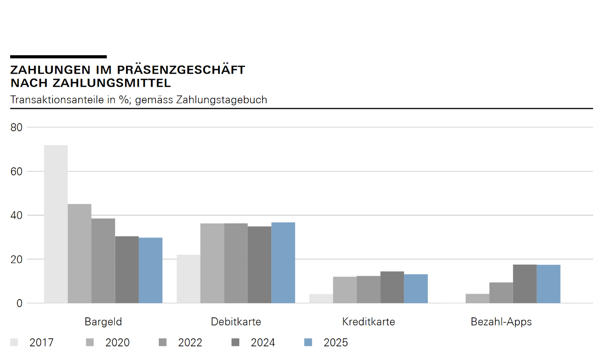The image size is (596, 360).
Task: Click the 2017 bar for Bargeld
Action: click(x=56, y=224)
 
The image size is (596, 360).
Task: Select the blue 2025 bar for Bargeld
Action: click(x=150, y=270)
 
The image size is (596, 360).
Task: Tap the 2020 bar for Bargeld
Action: click(x=79, y=253)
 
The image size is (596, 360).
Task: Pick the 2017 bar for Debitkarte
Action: click(x=188, y=279)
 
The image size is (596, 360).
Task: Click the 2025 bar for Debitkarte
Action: click(x=283, y=263)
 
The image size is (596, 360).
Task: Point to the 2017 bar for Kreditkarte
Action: click(x=321, y=298)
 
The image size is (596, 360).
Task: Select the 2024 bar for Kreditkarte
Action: click(x=392, y=287)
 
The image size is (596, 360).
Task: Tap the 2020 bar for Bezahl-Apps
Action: click(x=477, y=298)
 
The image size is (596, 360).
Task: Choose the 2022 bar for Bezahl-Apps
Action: click(x=501, y=293)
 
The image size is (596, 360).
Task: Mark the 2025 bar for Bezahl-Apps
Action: click(x=549, y=284)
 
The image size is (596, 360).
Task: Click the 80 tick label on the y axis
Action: click(x=16, y=127)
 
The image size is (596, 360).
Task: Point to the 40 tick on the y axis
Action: click(x=16, y=215)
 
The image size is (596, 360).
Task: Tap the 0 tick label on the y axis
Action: click(x=19, y=303)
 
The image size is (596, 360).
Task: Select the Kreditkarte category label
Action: click(x=368, y=322)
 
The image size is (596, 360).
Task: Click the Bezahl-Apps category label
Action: click(x=501, y=322)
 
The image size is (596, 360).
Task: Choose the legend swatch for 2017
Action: click(x=15, y=343)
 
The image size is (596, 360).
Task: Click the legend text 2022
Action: click(x=190, y=343)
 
